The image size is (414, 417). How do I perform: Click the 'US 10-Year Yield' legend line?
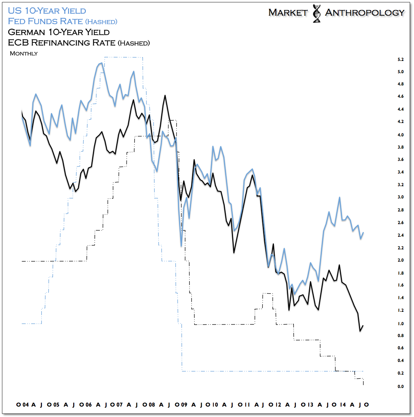click(47, 11)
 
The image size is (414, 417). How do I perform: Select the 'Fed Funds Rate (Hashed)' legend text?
click(62, 21)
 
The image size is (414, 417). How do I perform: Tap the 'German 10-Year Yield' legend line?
click(59, 32)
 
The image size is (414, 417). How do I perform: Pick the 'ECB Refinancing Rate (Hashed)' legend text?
click(79, 43)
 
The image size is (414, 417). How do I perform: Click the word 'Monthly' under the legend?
click(24, 54)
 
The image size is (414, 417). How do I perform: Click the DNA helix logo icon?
click(317, 14)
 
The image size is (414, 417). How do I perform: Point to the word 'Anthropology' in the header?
click(365, 13)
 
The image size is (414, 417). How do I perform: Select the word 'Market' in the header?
click(288, 13)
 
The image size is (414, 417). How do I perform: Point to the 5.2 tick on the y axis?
click(401, 59)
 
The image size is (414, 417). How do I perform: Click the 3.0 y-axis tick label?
click(401, 197)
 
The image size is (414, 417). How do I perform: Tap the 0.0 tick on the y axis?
click(401, 387)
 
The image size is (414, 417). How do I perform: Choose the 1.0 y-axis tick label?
click(401, 324)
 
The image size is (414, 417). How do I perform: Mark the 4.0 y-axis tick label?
click(401, 135)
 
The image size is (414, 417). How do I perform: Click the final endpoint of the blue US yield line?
click(363, 233)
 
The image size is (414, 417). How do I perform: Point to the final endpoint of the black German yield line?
click(363, 326)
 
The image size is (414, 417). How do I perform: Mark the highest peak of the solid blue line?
click(101, 63)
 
